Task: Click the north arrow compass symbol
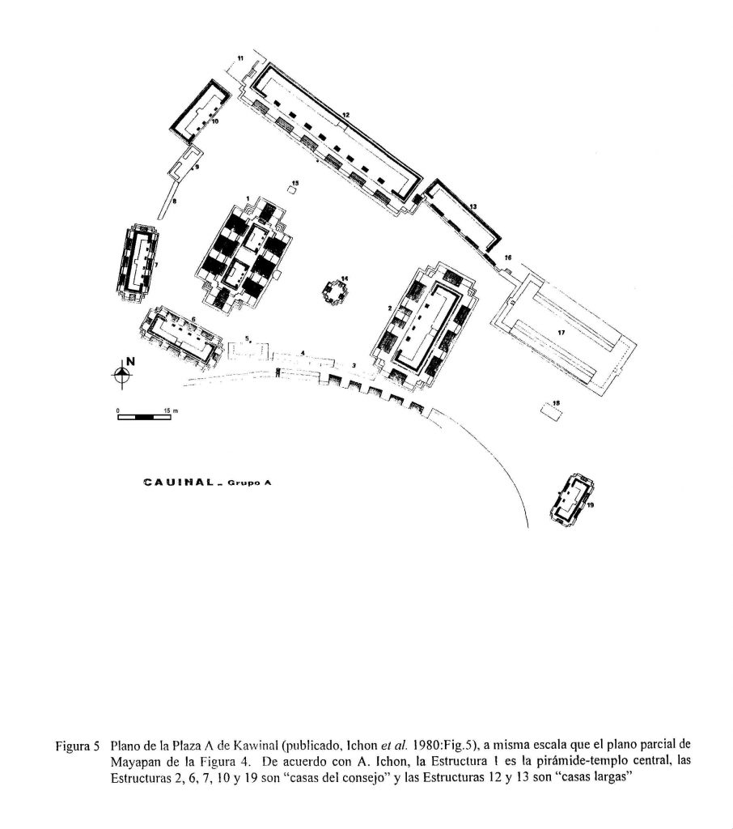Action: (x=123, y=373)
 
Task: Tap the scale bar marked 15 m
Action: (x=144, y=417)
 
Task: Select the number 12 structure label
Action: (x=346, y=114)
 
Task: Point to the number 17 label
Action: (x=561, y=333)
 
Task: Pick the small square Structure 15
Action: (x=292, y=189)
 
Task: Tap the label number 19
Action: (x=591, y=505)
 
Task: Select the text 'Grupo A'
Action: (x=248, y=483)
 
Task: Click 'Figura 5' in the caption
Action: (x=78, y=747)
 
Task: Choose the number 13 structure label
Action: (x=473, y=206)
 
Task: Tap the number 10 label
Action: (x=215, y=121)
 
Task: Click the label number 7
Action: (x=156, y=265)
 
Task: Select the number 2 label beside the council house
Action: (x=389, y=307)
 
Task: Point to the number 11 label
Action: (x=240, y=57)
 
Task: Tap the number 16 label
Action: (x=508, y=258)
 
